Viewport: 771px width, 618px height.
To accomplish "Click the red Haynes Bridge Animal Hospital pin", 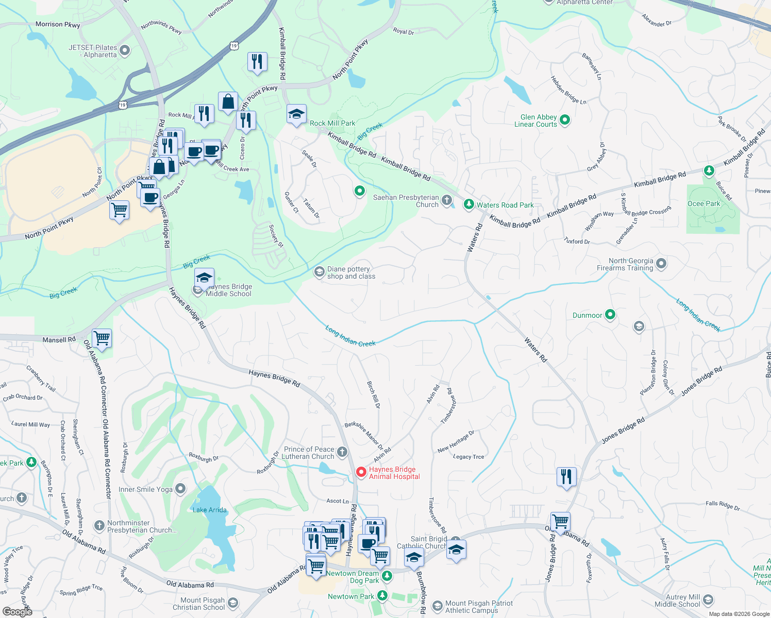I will [x=361, y=472].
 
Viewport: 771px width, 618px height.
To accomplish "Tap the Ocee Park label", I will [x=703, y=203].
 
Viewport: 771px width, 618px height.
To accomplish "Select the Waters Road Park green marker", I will [x=468, y=204].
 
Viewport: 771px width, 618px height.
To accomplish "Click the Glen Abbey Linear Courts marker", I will [x=565, y=120].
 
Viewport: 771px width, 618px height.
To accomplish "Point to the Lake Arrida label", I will [x=209, y=510].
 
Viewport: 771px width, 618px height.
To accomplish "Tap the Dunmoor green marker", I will [x=610, y=314].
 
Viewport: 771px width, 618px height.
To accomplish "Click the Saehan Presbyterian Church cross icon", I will [x=447, y=200].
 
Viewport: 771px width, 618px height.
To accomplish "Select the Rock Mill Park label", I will [x=332, y=123].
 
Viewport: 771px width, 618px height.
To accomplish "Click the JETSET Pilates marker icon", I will [x=125, y=50].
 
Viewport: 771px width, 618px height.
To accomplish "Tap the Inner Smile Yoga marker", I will [x=180, y=488].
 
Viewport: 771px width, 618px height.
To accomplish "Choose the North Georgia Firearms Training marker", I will [x=661, y=264].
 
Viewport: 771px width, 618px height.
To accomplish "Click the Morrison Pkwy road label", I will [x=58, y=24].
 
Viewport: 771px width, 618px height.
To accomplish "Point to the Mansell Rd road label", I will [x=59, y=339].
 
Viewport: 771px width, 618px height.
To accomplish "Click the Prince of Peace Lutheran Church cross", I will [x=342, y=452].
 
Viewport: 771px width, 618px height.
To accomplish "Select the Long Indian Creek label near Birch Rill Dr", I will [x=350, y=336].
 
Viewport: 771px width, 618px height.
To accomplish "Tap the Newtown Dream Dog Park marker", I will [x=387, y=576].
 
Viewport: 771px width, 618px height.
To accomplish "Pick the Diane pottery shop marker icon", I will [x=319, y=271].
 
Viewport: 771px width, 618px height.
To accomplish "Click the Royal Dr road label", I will [x=403, y=31].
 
